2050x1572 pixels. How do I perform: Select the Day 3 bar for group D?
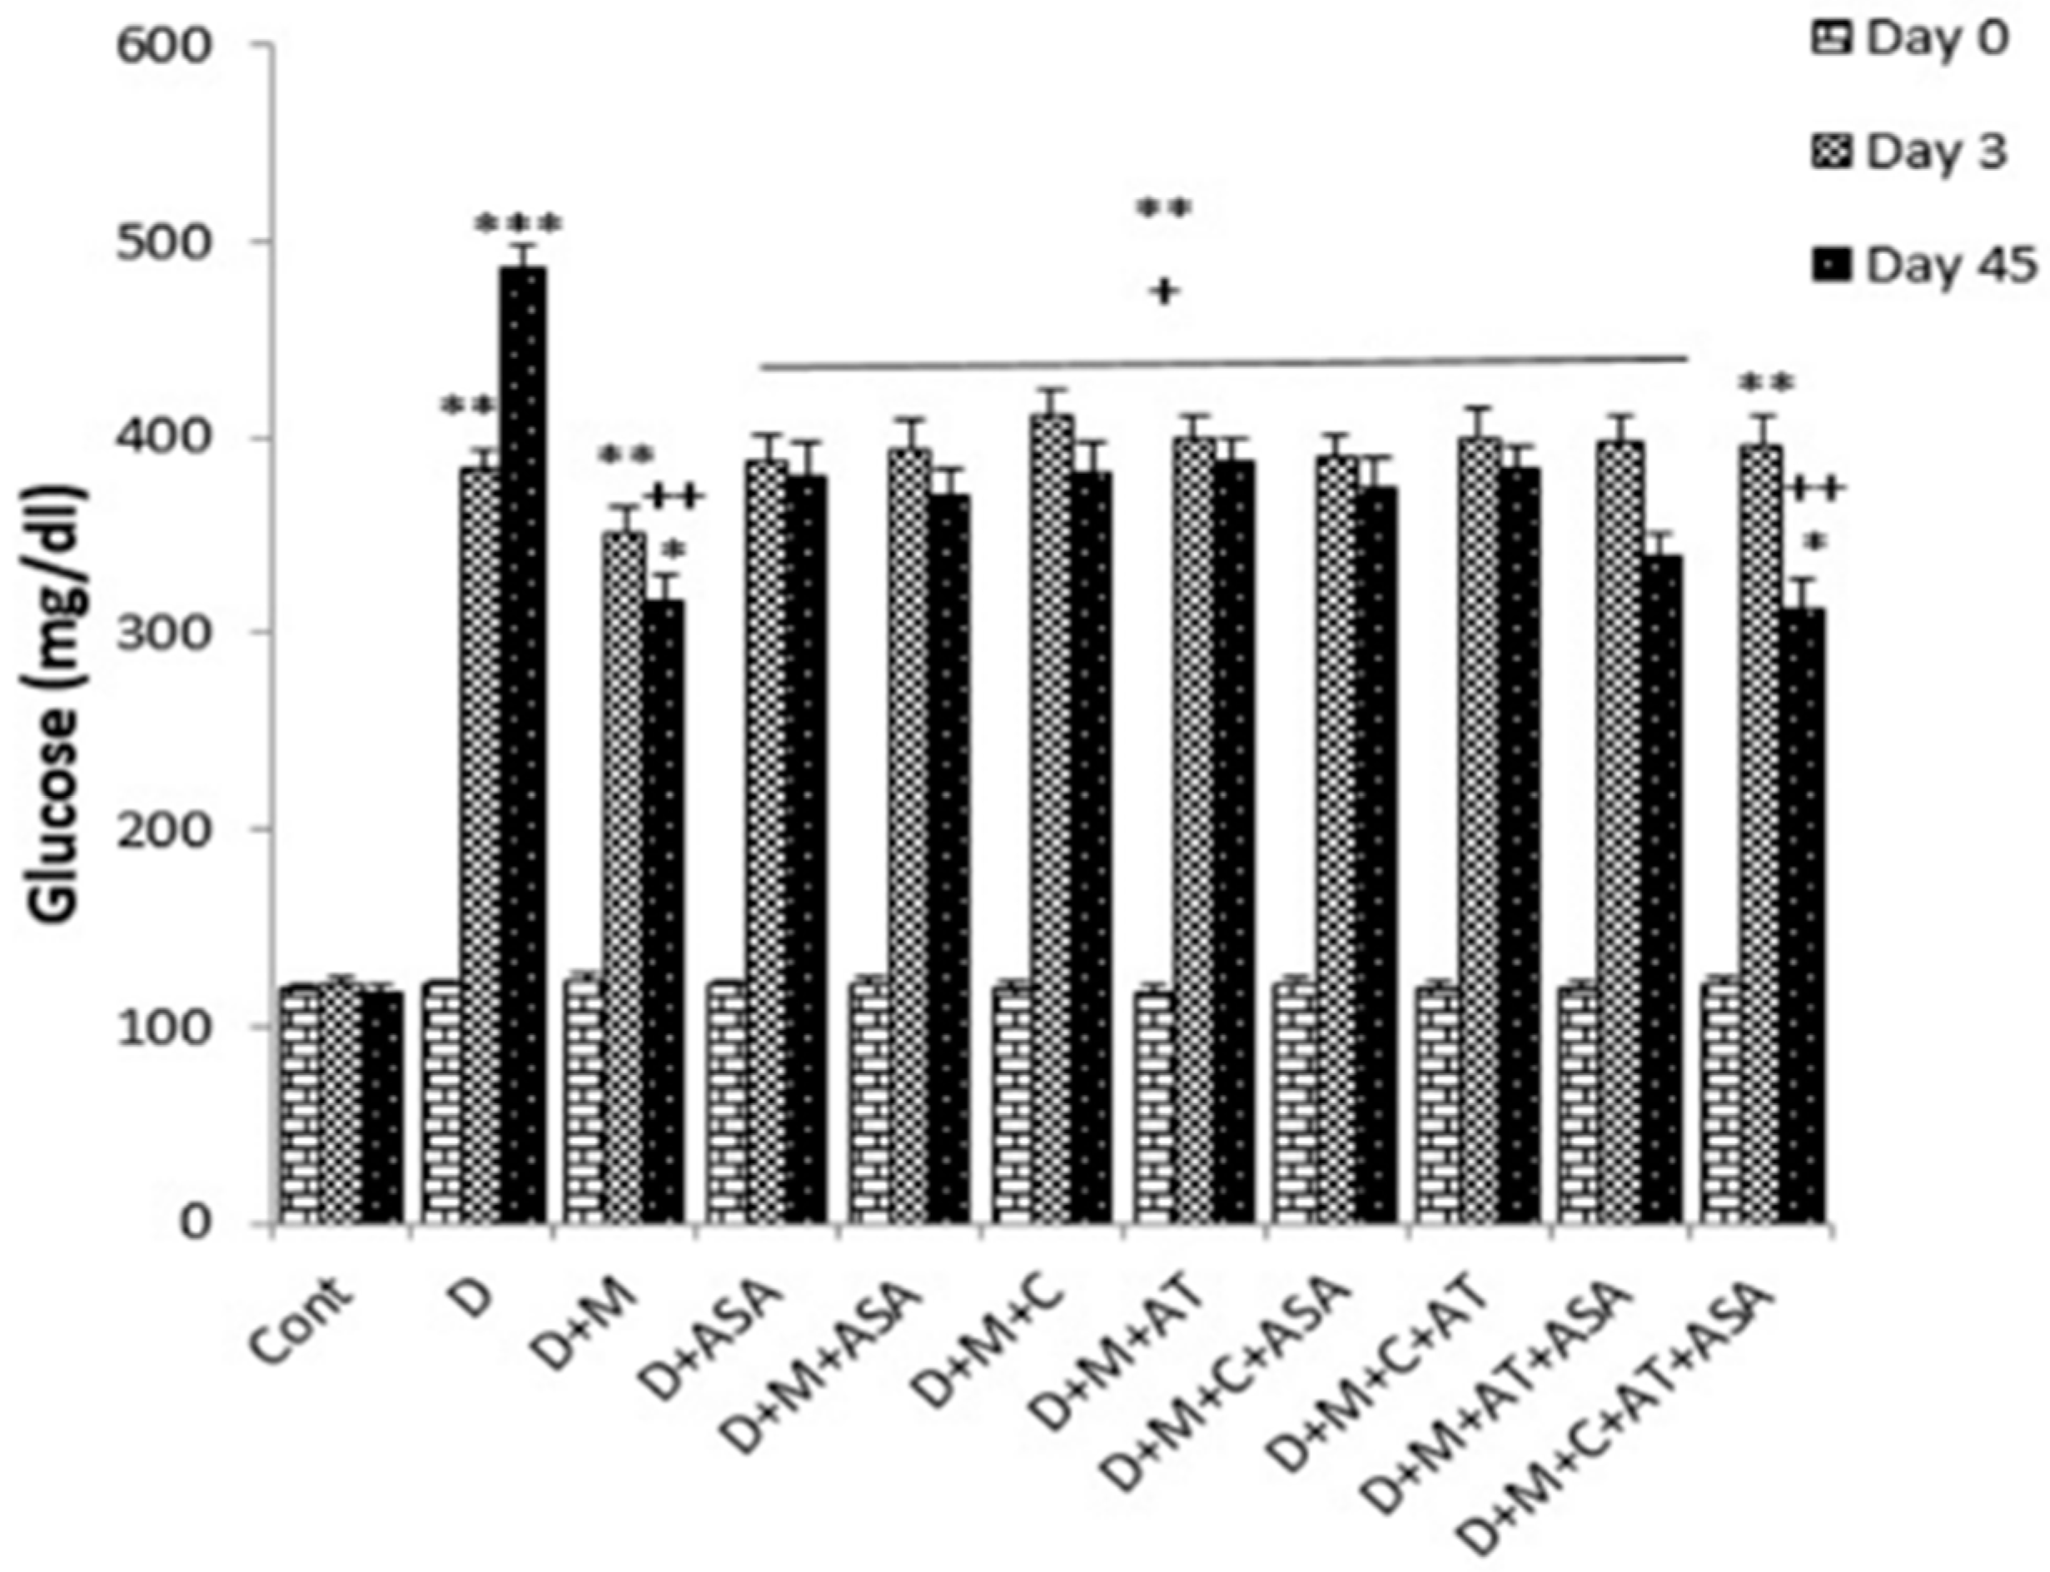pyautogui.click(x=482, y=842)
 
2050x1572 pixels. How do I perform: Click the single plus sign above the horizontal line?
pyautogui.click(x=1165, y=292)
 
